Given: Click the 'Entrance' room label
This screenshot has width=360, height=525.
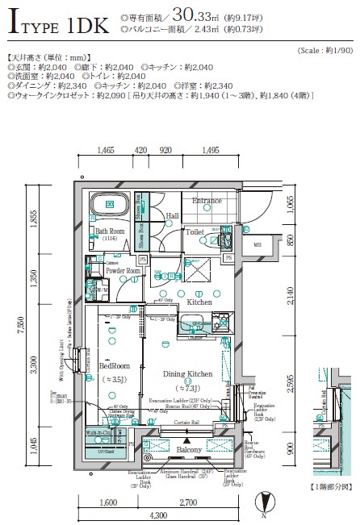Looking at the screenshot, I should coord(207,202).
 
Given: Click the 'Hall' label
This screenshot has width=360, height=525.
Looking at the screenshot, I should coord(172,216).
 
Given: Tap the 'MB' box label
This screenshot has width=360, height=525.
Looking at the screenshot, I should coord(257,245).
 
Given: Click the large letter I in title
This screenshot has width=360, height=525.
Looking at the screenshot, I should coord(13,23).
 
